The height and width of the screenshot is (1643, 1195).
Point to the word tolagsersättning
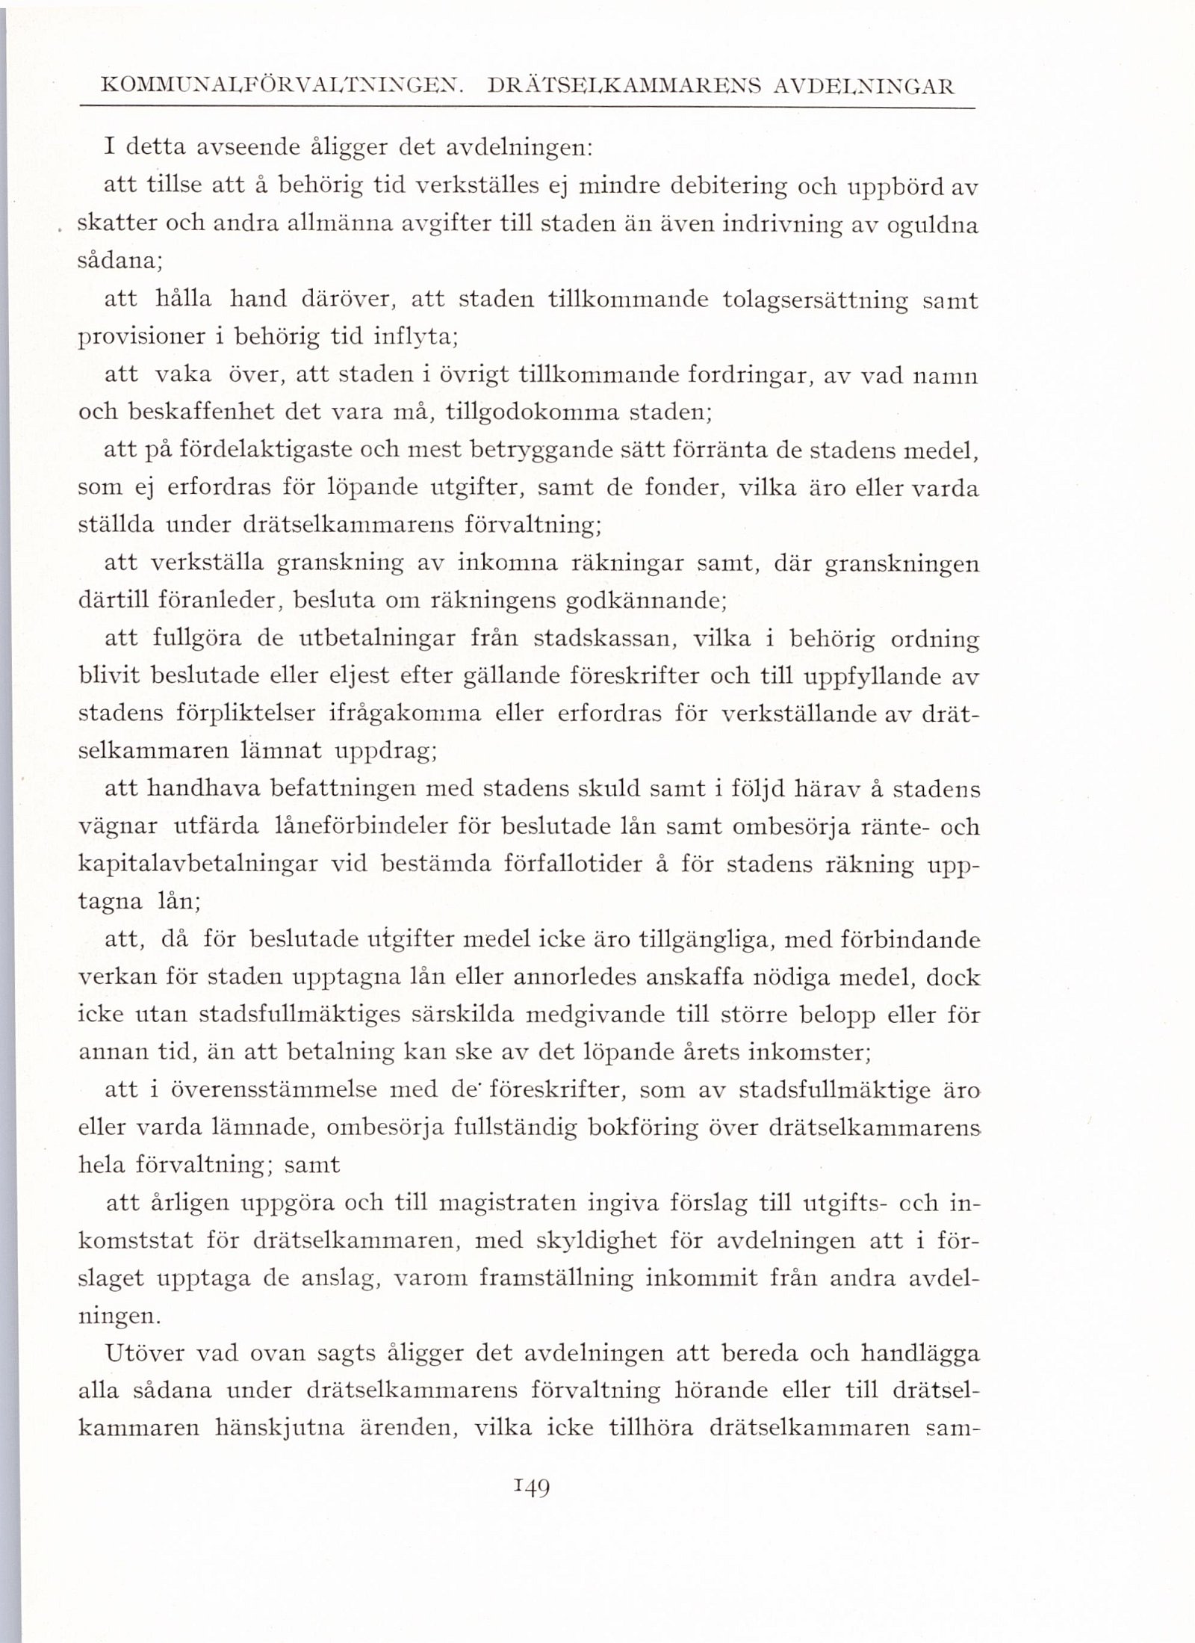coord(816,300)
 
